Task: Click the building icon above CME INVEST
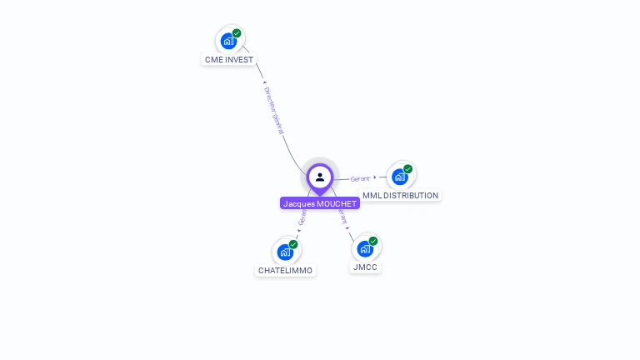point(228,41)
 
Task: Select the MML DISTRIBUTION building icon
point(400,177)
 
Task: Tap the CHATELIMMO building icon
point(286,252)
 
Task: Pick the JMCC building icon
point(365,248)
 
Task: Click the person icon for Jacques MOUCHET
point(320,177)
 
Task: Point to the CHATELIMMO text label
point(286,271)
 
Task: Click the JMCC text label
point(366,267)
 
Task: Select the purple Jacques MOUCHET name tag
point(320,203)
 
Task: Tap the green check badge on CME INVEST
point(237,33)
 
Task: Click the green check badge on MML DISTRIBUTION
point(407,169)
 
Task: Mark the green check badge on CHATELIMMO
point(293,244)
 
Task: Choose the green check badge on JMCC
point(373,241)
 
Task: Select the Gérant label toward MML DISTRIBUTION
point(360,178)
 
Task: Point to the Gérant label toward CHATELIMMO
point(302,218)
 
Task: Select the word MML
point(372,196)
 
